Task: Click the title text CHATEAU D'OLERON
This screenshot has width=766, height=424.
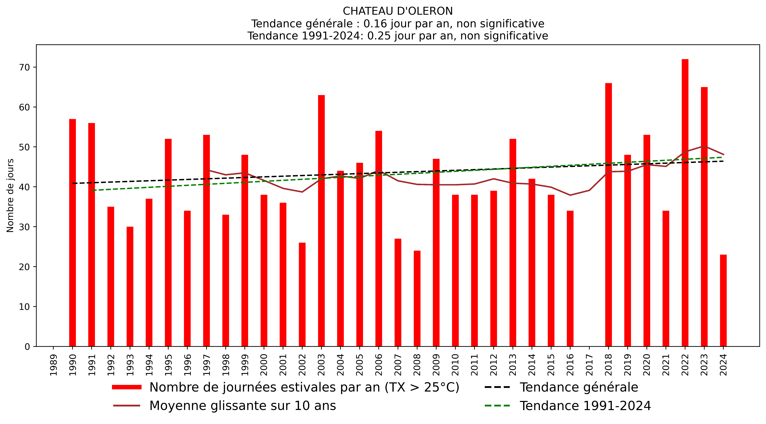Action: tap(398, 11)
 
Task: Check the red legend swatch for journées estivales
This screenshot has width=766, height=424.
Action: tap(127, 387)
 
